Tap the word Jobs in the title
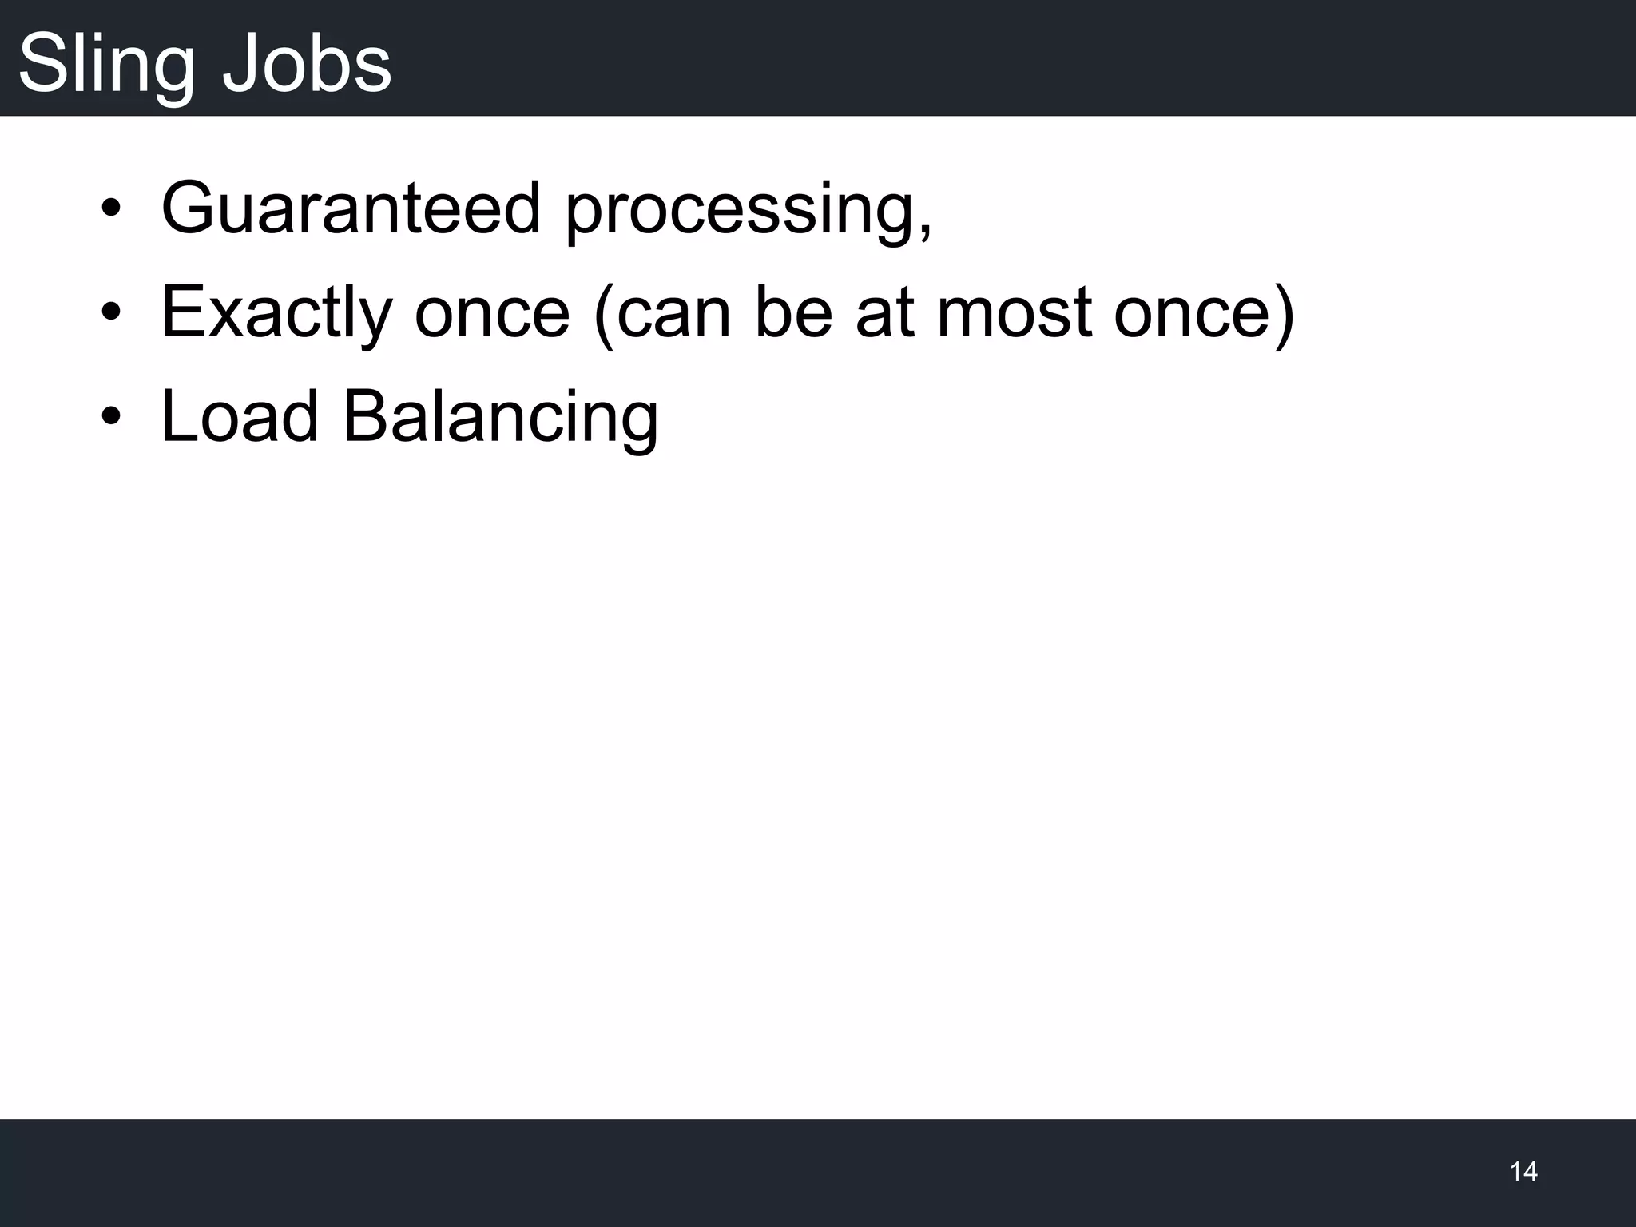pyautogui.click(x=307, y=64)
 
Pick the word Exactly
pyautogui.click(x=276, y=313)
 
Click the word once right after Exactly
pyautogui.click(x=492, y=313)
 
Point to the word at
pyautogui.click(x=885, y=313)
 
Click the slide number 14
pyautogui.click(x=1523, y=1171)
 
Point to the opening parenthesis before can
pyautogui.click(x=603, y=316)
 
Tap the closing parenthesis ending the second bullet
pyautogui.click(x=1284, y=316)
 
